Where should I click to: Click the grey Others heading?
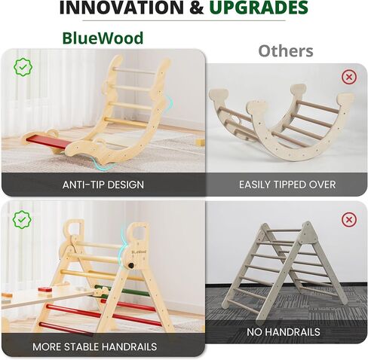click(x=285, y=51)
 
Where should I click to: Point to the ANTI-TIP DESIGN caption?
click(x=103, y=184)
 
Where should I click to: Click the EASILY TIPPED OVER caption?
click(x=287, y=184)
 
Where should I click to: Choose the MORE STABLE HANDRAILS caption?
click(x=94, y=347)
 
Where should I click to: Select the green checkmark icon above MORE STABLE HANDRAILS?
click(x=22, y=220)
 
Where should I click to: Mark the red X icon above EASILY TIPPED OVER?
click(x=349, y=77)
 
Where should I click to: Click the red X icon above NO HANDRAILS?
click(x=349, y=220)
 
